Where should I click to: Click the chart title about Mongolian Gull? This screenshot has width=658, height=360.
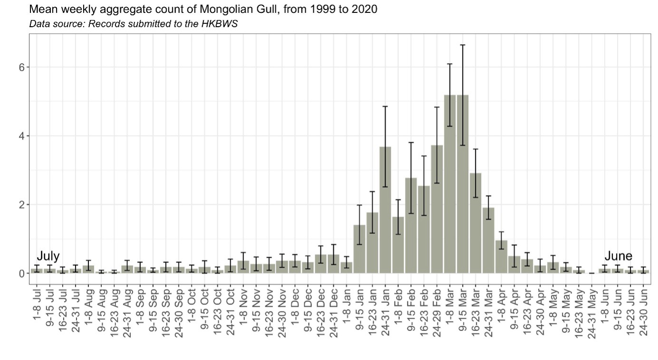(x=203, y=9)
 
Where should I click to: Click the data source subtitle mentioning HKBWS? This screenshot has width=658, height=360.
(x=133, y=24)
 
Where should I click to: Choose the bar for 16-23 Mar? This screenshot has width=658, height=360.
(x=475, y=224)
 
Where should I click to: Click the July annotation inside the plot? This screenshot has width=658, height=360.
(x=48, y=256)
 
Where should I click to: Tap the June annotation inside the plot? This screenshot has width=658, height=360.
(x=618, y=256)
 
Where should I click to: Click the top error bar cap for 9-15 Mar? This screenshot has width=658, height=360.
(x=462, y=45)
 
